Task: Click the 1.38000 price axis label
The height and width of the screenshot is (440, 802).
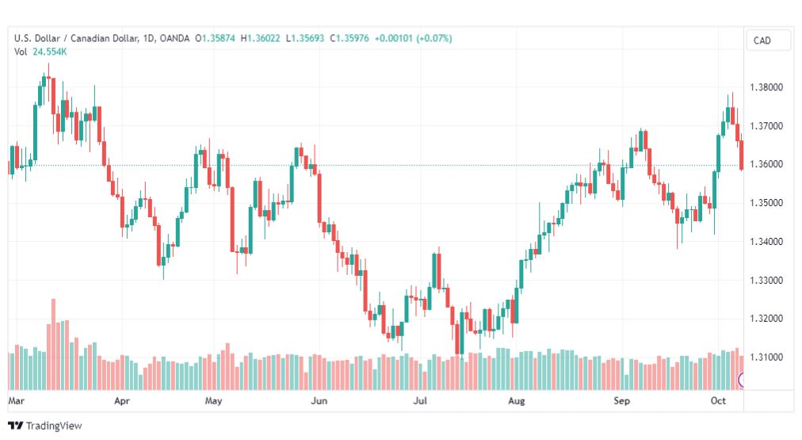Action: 766,87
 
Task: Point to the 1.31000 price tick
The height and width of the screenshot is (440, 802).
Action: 766,357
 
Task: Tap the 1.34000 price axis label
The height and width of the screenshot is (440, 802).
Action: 766,242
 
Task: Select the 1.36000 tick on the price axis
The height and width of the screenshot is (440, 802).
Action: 766,164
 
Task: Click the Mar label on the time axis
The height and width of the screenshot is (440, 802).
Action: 16,400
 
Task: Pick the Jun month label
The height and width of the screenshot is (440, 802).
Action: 319,400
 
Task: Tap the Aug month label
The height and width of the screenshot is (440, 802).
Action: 516,400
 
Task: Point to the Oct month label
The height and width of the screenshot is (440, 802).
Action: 718,400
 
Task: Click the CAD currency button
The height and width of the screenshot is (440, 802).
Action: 762,40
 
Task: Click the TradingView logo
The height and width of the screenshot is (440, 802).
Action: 45,426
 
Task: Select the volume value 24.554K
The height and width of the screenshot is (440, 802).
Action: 50,52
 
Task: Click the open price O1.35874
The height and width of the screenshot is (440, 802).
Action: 215,38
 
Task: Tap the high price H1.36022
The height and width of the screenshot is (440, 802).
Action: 261,38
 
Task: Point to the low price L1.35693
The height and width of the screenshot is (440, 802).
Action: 305,38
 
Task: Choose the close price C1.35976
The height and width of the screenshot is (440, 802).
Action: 349,38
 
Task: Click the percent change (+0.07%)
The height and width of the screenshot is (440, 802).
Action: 434,38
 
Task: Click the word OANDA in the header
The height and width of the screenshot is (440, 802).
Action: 174,38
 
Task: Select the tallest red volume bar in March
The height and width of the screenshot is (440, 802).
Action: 53,344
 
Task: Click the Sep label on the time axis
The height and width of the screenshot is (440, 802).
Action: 621,400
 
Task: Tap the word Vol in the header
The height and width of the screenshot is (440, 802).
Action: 21,52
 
